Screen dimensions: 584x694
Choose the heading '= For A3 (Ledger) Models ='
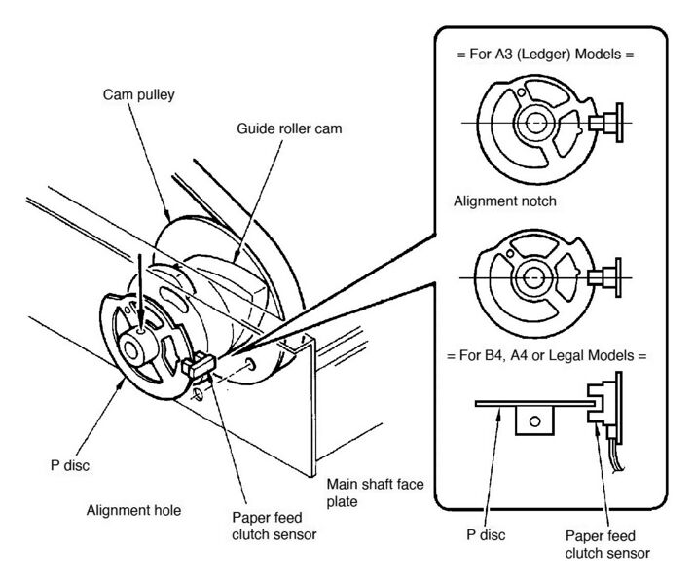pos(545,55)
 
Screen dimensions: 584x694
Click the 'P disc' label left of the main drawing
pos(68,465)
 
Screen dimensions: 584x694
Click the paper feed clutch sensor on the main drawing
pos(200,366)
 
